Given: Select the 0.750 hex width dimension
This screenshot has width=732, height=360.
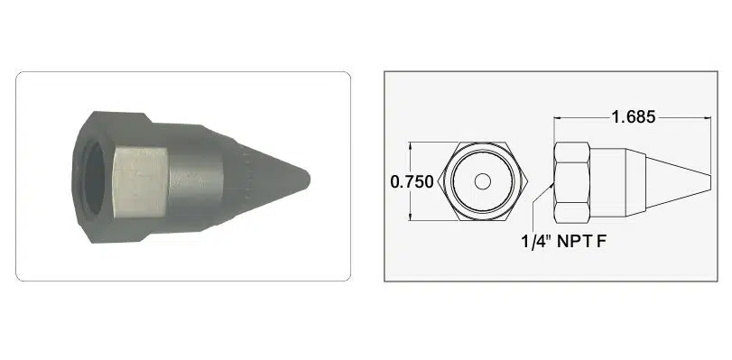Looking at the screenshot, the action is coord(412,181).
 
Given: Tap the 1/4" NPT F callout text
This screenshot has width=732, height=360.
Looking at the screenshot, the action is coord(563,242).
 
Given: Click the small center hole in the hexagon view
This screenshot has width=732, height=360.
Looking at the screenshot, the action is coord(483,181).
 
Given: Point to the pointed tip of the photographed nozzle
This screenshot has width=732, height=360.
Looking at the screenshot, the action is coord(308,179).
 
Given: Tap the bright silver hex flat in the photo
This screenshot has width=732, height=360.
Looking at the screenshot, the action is coord(141,181).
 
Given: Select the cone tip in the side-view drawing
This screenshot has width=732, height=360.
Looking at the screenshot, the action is coord(678,182).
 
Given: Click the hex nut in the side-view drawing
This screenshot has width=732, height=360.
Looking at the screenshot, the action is coord(572,182).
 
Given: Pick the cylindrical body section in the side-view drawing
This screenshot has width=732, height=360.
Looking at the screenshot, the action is coord(607,182).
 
